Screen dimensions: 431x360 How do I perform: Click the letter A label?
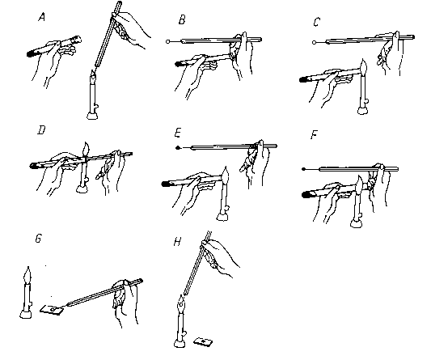(41, 18)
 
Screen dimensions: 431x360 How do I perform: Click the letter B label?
(182, 20)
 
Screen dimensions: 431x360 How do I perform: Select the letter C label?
(317, 22)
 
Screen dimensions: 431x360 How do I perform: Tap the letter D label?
(41, 130)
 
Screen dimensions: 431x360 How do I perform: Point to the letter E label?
(178, 133)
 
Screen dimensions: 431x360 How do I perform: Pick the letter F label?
(314, 135)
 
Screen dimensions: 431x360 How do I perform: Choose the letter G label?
(39, 238)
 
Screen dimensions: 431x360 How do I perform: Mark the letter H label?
(177, 242)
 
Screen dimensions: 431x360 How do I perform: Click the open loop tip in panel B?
(168, 41)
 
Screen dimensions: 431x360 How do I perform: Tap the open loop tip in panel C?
(315, 42)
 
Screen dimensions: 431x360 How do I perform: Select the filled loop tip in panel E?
(178, 148)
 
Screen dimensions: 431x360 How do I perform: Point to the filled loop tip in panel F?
(303, 169)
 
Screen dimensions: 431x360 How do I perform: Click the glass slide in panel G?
(53, 310)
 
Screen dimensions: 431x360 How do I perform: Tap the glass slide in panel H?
(203, 342)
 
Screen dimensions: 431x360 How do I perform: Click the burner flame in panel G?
(27, 275)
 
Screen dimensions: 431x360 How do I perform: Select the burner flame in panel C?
(363, 67)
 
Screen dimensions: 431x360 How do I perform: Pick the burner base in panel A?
(92, 115)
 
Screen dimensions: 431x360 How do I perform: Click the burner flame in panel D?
(86, 150)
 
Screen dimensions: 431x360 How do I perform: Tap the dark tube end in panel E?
(167, 184)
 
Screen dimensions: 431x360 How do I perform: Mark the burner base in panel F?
(356, 223)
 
